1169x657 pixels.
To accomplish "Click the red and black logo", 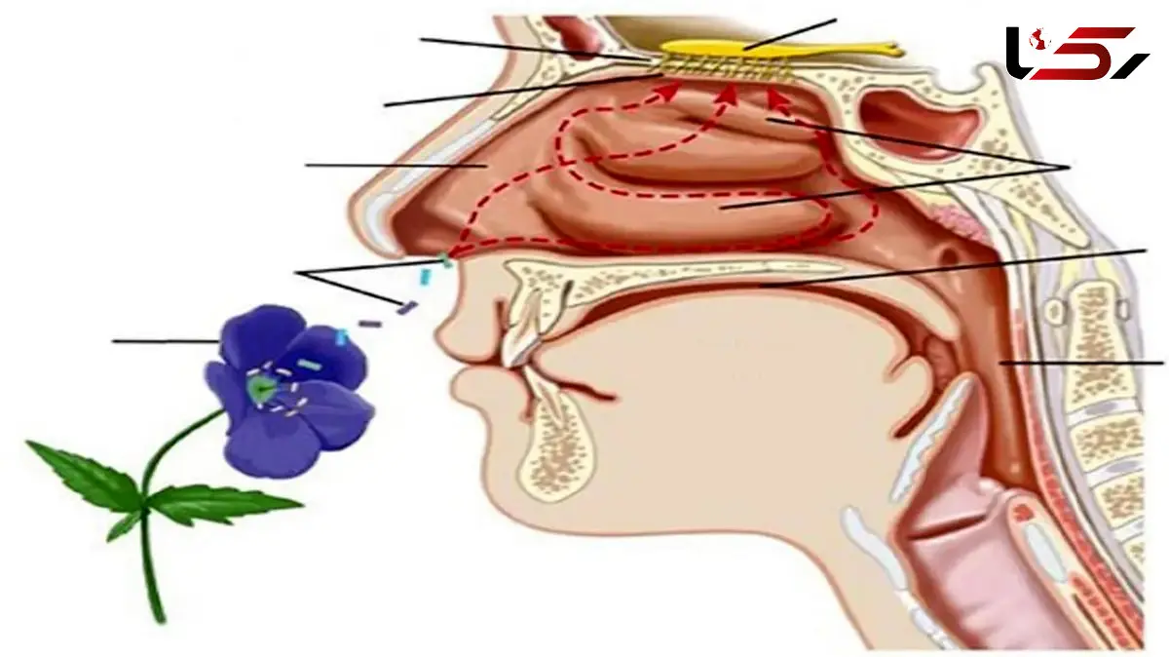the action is point(1076,53).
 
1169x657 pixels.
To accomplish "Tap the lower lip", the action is point(470,389).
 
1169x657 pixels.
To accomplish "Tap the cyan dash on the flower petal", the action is point(309,364).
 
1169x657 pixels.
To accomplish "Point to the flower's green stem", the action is point(157,517).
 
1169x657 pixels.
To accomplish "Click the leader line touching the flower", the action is point(166,341).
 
